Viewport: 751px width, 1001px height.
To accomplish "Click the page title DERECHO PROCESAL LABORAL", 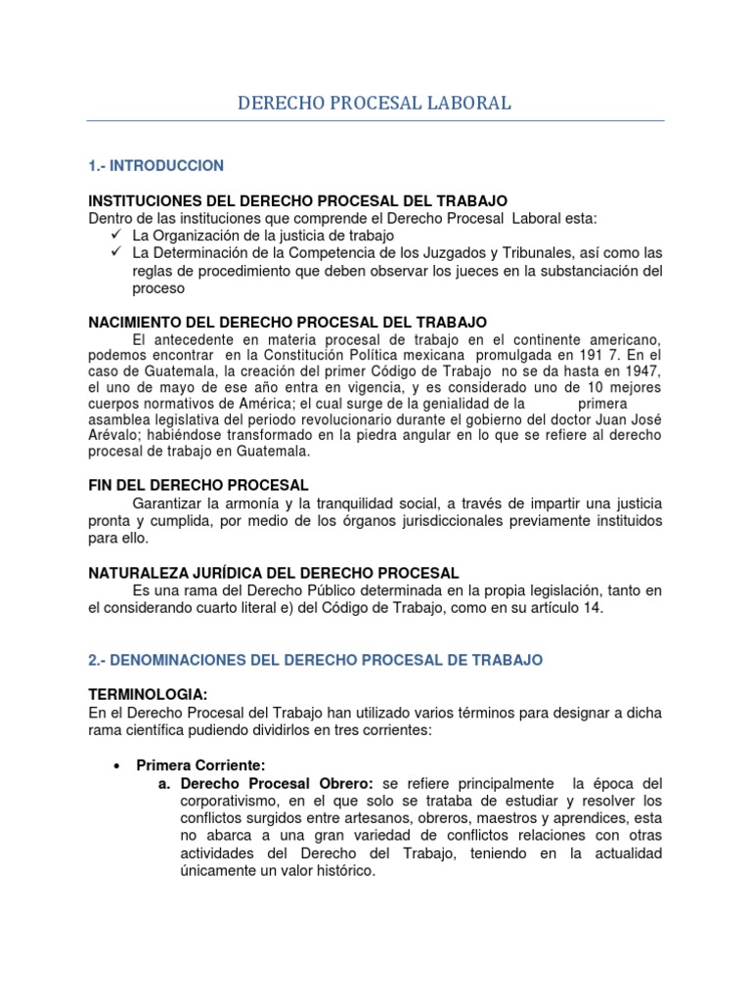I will pos(375,103).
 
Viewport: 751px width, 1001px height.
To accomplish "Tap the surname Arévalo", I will pos(113,435).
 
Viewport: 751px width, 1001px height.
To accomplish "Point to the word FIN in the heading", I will pos(102,485).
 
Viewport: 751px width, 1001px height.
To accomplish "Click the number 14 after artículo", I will pos(595,608).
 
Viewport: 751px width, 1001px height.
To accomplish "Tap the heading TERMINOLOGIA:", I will pos(148,695).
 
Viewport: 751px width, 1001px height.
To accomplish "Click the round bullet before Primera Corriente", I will pos(116,765).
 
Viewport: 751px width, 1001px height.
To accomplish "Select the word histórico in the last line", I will pos(339,871).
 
